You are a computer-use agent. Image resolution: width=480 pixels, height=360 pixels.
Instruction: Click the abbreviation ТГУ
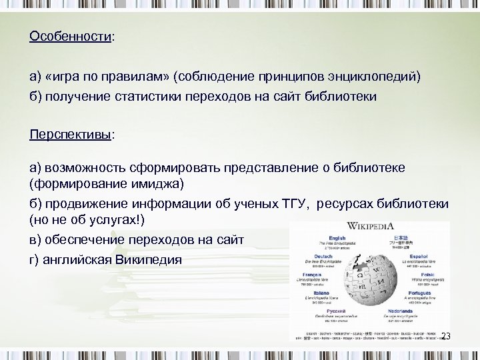pyautogui.click(x=289, y=203)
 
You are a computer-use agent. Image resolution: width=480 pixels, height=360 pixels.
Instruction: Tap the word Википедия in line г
pyautogui.click(x=148, y=259)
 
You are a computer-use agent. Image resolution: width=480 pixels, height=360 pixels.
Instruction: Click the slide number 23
pyautogui.click(x=445, y=336)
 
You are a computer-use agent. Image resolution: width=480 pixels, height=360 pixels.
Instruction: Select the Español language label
pyautogui.click(x=419, y=256)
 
